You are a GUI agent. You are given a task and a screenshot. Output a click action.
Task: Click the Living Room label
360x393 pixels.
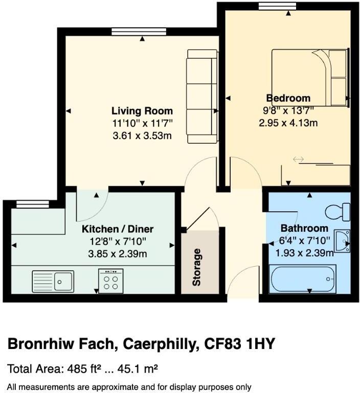point(142,111)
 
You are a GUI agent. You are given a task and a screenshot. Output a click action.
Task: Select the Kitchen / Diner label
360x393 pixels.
point(118,229)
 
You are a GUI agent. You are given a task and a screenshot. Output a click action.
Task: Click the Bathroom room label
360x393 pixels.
point(304,228)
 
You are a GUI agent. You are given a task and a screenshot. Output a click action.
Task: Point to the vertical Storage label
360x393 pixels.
point(197,267)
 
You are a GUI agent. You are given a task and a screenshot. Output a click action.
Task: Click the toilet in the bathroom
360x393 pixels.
point(338,210)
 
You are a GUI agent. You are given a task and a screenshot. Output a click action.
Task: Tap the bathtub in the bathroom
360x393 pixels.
point(302,279)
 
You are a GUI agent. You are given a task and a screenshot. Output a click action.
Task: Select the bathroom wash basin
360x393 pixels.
point(344,242)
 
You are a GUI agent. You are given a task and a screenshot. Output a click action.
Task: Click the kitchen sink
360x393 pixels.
point(53,280)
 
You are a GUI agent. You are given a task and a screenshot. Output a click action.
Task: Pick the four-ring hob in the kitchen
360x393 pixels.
point(110,280)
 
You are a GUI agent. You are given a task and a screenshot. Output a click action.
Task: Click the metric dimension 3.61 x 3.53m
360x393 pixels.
point(142,136)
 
